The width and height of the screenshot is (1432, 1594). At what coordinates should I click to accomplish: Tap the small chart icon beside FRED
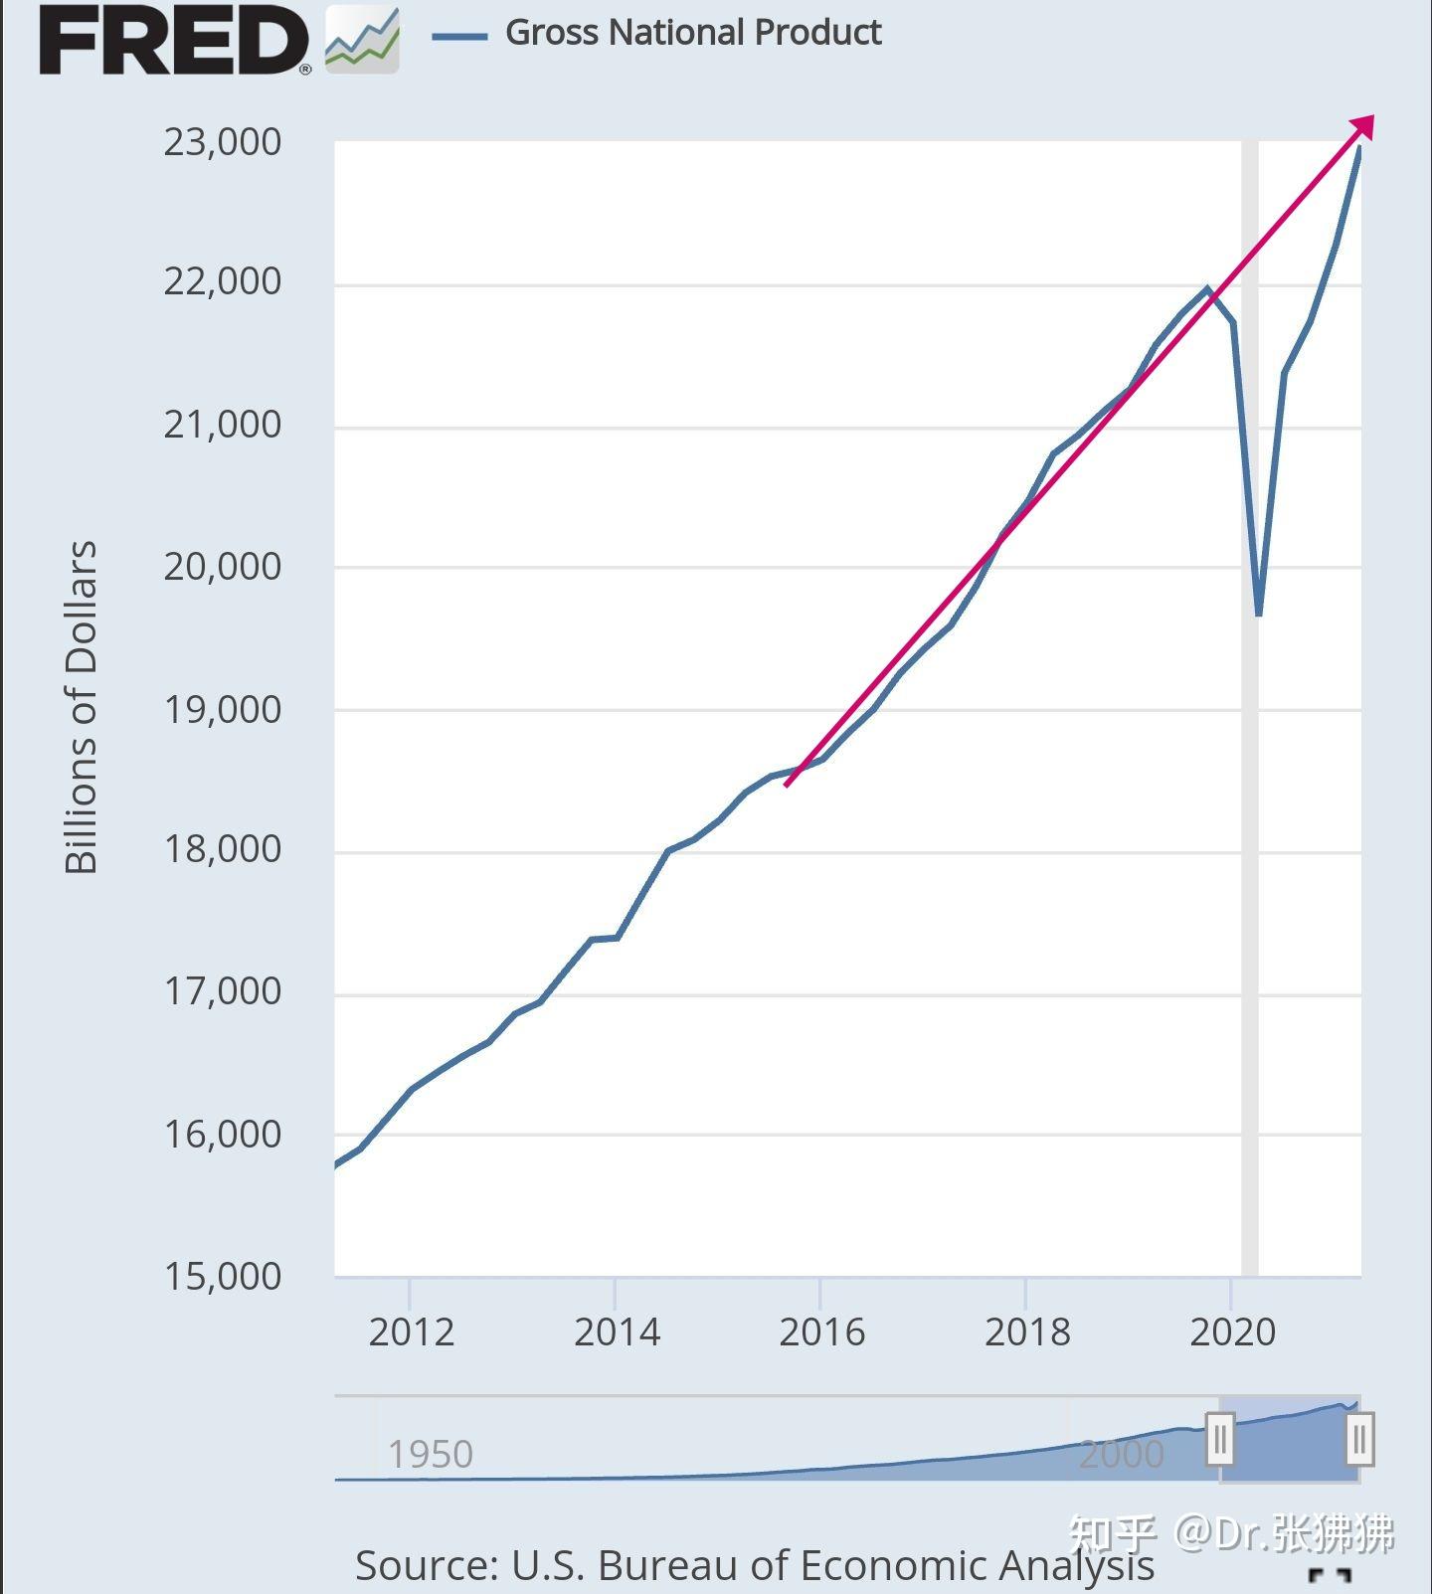[362, 41]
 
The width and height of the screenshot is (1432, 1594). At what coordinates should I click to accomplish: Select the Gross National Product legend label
[693, 33]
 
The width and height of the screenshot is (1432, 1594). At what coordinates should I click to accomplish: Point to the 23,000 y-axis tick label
[222, 142]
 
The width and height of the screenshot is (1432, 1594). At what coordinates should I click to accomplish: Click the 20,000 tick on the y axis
[222, 567]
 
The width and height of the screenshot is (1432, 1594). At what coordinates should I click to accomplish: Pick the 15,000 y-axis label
[222, 1277]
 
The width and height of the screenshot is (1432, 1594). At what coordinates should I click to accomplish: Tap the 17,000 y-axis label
[222, 991]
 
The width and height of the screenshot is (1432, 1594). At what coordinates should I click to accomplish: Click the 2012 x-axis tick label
[411, 1332]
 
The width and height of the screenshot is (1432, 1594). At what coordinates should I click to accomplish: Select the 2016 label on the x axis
[821, 1332]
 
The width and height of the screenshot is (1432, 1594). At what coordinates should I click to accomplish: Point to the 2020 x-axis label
[1232, 1332]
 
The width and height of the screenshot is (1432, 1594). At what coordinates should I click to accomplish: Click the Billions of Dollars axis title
[82, 708]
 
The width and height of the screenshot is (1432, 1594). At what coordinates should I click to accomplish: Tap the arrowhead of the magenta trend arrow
[1364, 125]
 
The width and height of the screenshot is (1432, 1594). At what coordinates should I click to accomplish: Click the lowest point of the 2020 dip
[1259, 615]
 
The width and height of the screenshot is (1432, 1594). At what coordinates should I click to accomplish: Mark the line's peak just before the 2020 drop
[1207, 289]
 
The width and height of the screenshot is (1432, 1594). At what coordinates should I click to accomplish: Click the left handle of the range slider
[1220, 1438]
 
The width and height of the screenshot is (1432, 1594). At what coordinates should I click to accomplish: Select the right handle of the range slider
[1359, 1439]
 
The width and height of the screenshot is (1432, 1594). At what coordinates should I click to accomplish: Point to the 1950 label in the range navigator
[430, 1455]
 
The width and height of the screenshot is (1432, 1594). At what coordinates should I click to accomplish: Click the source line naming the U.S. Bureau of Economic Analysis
[754, 1565]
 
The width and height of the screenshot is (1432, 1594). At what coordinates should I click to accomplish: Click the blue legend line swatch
[459, 37]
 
